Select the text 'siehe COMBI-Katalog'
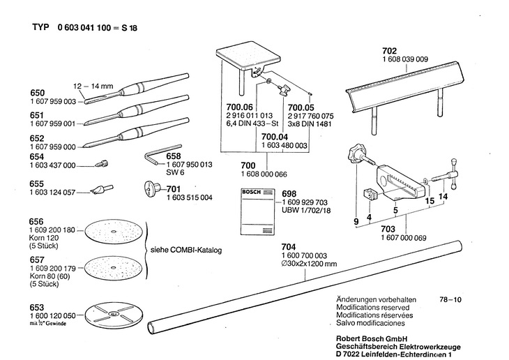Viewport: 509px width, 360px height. (184, 250)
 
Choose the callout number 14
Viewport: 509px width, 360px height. (443, 197)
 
